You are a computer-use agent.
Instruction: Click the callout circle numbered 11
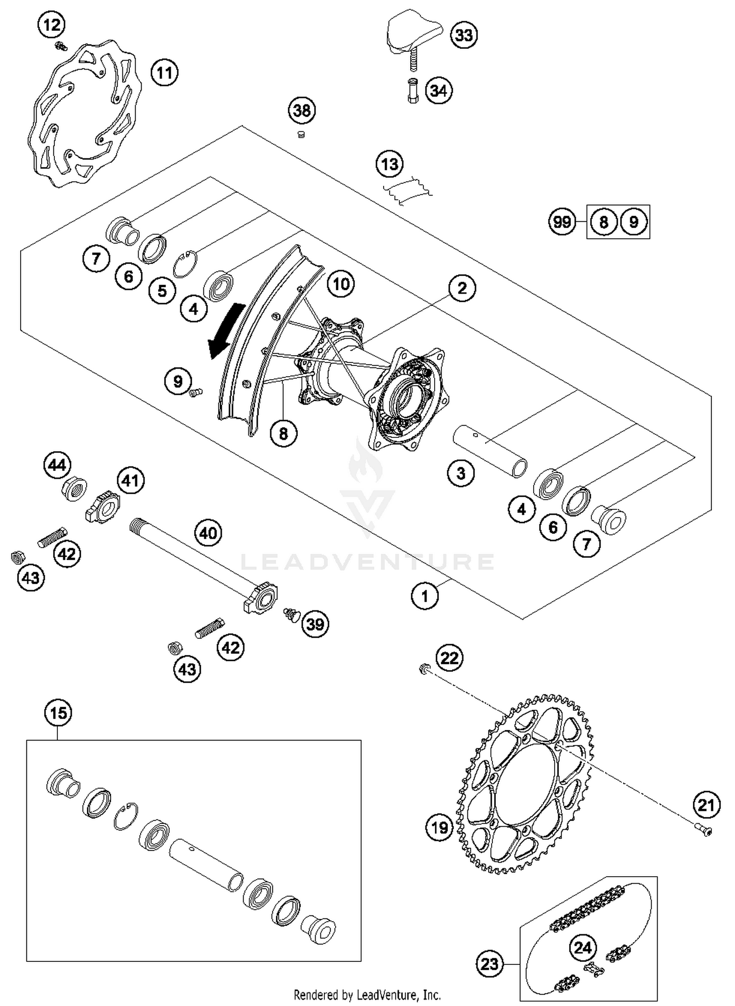(164, 72)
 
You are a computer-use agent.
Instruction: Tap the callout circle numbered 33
(464, 35)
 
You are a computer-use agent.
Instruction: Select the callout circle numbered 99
(562, 222)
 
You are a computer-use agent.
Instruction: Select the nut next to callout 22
(424, 668)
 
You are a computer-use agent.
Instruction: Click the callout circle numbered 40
(208, 532)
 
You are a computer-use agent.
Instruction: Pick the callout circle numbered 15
(58, 713)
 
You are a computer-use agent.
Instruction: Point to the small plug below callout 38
(301, 134)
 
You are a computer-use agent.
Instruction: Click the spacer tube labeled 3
(489, 451)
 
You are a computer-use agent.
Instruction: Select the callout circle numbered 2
(462, 288)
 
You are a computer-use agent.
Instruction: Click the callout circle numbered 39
(315, 624)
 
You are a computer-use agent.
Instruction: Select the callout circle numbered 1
(424, 596)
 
